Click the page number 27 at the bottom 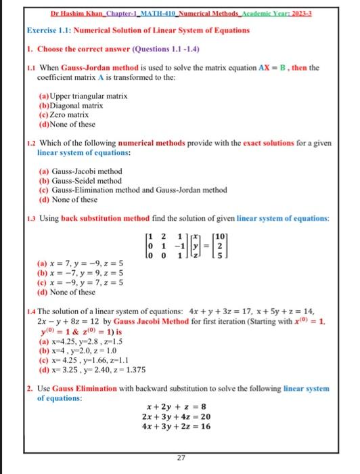point(181,458)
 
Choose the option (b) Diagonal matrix point(72,106)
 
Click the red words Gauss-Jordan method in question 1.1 point(99,68)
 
